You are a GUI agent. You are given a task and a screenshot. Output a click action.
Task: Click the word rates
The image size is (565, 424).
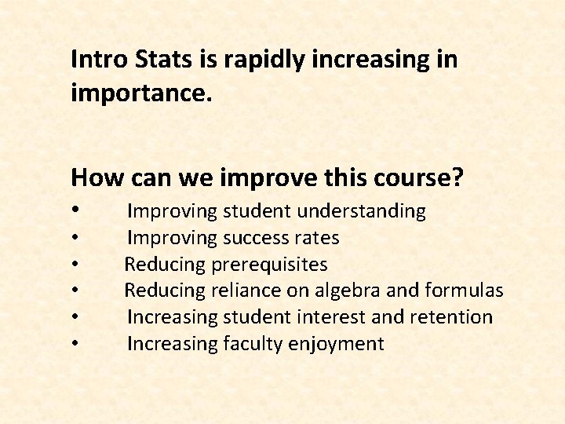click(x=318, y=238)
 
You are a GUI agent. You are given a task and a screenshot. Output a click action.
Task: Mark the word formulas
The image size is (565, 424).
click(x=463, y=291)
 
